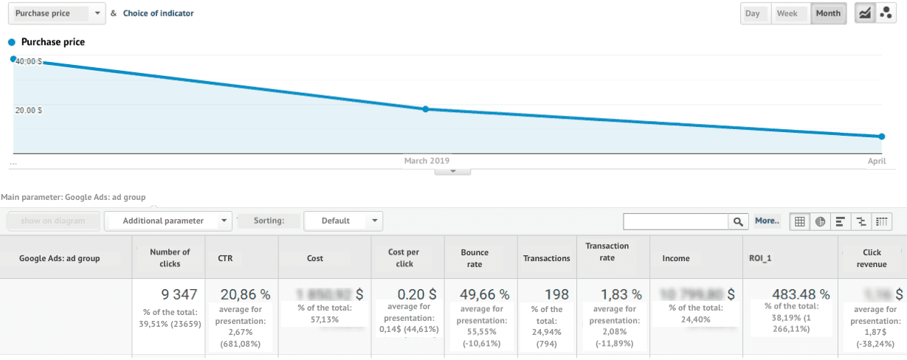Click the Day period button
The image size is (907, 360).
pos(753,13)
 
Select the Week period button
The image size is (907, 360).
pos(787,13)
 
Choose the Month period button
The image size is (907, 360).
pos(828,13)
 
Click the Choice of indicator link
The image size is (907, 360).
pos(159,13)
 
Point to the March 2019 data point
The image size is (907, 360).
pos(426,109)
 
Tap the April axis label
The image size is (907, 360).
pos(876,160)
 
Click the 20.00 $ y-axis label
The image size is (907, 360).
pos(29,110)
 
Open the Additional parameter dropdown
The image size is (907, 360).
pos(168,221)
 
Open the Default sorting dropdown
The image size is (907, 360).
pos(343,221)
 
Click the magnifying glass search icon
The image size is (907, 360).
pos(737,221)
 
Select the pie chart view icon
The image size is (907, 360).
pos(820,221)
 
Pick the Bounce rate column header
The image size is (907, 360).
pos(475,258)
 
